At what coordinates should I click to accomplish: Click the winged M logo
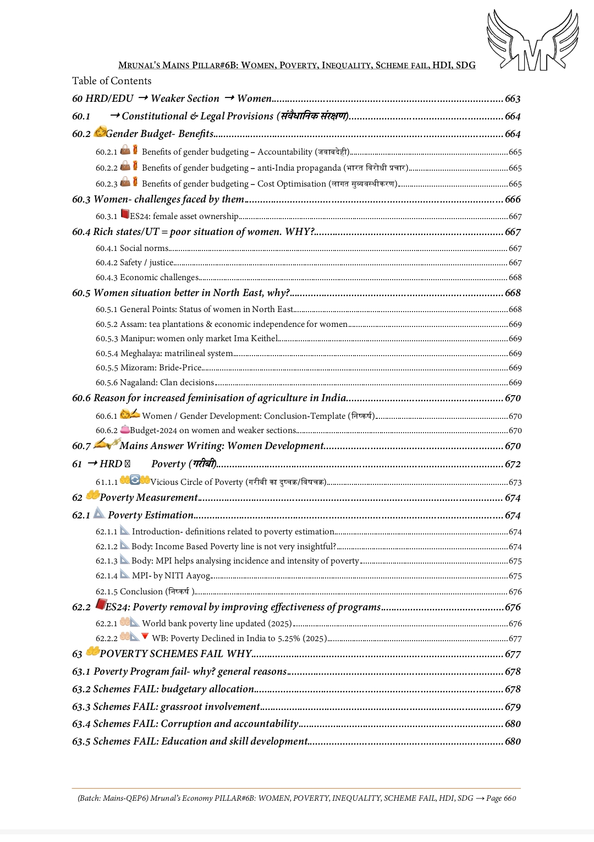pyautogui.click(x=532, y=40)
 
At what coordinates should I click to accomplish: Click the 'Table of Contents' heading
pyautogui.click(x=112, y=81)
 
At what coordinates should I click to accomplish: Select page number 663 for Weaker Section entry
pyautogui.click(x=513, y=99)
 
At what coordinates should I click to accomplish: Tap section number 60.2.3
pyautogui.click(x=106, y=184)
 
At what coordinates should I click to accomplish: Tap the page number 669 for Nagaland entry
pyautogui.click(x=515, y=382)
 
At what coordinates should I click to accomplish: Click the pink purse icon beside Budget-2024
pyautogui.click(x=125, y=429)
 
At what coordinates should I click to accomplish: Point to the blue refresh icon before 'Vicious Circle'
pyautogui.click(x=135, y=480)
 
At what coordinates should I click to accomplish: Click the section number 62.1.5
pyautogui.click(x=106, y=592)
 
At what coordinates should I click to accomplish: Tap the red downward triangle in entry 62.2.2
pyautogui.click(x=145, y=636)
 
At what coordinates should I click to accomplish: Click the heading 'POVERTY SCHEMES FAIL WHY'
pyautogui.click(x=175, y=654)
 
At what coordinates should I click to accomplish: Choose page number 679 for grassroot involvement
pyautogui.click(x=513, y=707)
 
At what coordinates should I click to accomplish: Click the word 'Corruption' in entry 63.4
pyautogui.click(x=186, y=724)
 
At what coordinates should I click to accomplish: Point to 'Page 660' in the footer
pyautogui.click(x=501, y=798)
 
